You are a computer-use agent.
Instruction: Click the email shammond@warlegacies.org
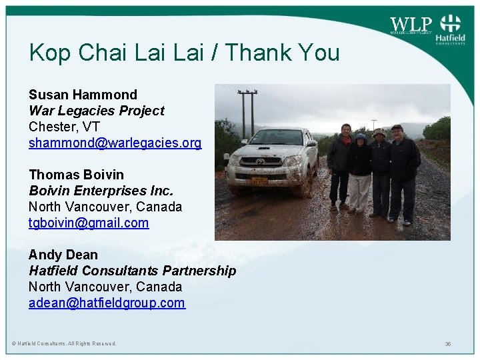115,143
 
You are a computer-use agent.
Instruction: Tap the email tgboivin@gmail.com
89,223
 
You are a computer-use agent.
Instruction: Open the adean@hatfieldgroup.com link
107,303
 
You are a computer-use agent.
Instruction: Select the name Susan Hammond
83,95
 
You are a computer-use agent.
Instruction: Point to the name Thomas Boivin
76,175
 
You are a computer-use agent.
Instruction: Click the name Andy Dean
63,255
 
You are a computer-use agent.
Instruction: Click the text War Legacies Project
96,111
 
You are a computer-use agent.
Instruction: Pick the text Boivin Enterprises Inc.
101,191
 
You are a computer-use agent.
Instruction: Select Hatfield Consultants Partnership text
132,271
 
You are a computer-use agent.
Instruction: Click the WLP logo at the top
411,25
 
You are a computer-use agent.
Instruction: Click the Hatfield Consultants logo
451,30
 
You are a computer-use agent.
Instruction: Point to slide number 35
448,344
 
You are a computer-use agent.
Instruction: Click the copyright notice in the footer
64,344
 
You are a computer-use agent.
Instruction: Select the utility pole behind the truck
248,113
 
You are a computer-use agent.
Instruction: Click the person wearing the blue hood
361,171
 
